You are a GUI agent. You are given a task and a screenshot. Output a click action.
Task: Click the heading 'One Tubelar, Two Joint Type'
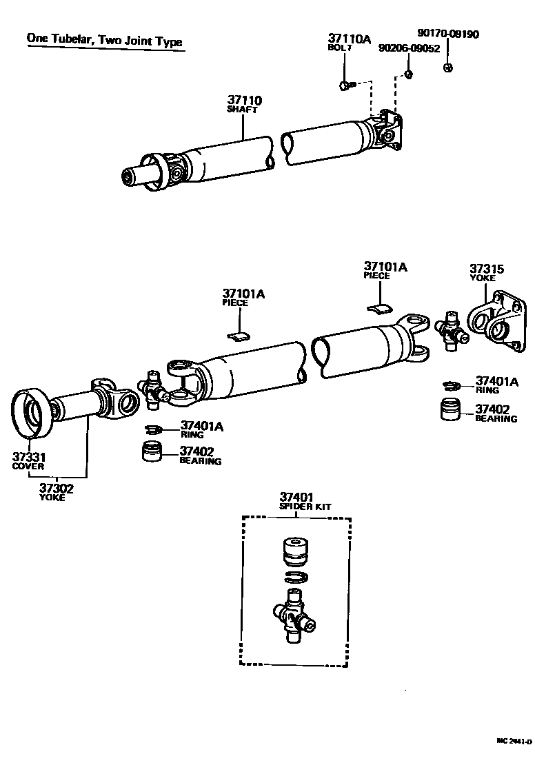tap(105, 40)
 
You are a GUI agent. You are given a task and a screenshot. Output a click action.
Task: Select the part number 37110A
tap(349, 39)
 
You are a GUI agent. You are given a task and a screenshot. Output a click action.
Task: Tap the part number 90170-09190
tap(447, 33)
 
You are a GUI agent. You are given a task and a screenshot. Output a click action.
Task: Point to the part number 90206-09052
tap(410, 48)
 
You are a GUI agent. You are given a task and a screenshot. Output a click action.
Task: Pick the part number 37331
tap(29, 456)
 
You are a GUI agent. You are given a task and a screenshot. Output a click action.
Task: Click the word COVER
tap(28, 466)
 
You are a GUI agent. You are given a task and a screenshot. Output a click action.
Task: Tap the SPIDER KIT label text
tap(305, 507)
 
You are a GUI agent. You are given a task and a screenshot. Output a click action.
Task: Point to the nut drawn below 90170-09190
tap(447, 67)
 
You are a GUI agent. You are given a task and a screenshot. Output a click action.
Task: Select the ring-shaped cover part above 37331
tap(31, 413)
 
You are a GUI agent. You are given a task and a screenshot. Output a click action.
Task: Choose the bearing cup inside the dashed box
tap(294, 551)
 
